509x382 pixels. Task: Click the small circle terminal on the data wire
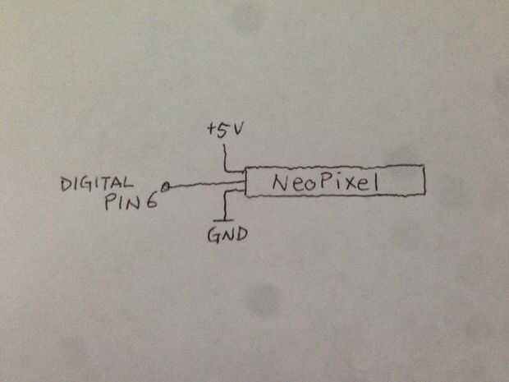(x=167, y=188)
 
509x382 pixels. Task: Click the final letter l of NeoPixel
(x=375, y=182)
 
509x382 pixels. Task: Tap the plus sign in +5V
(x=212, y=131)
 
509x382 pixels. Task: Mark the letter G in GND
(x=212, y=236)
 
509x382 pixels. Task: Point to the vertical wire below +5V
(x=223, y=154)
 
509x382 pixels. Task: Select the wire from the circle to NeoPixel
(x=205, y=186)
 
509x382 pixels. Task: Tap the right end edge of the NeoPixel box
(x=424, y=182)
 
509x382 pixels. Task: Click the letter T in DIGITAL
(x=108, y=184)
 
